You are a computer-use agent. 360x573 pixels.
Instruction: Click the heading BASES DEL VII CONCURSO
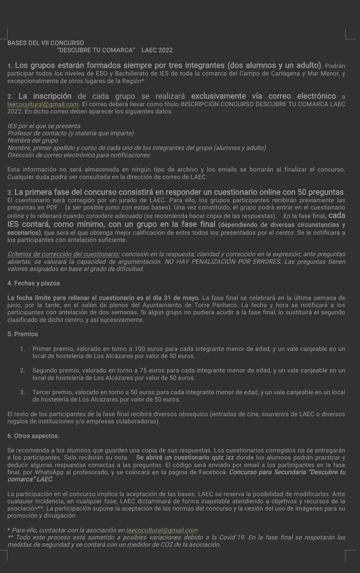(45, 43)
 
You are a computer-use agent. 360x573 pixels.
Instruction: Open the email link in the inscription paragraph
(43, 104)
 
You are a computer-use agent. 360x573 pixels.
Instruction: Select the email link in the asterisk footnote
(162, 530)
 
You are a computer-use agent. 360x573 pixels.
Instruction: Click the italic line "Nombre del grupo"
(33, 140)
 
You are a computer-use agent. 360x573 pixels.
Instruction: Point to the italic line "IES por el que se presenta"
(44, 126)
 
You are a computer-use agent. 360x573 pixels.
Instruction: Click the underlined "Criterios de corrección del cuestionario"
(64, 254)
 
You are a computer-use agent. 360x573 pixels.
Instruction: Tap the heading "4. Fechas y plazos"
(33, 283)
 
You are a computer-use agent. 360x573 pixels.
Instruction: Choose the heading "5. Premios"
(23, 334)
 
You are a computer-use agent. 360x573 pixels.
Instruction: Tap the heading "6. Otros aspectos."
(33, 436)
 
